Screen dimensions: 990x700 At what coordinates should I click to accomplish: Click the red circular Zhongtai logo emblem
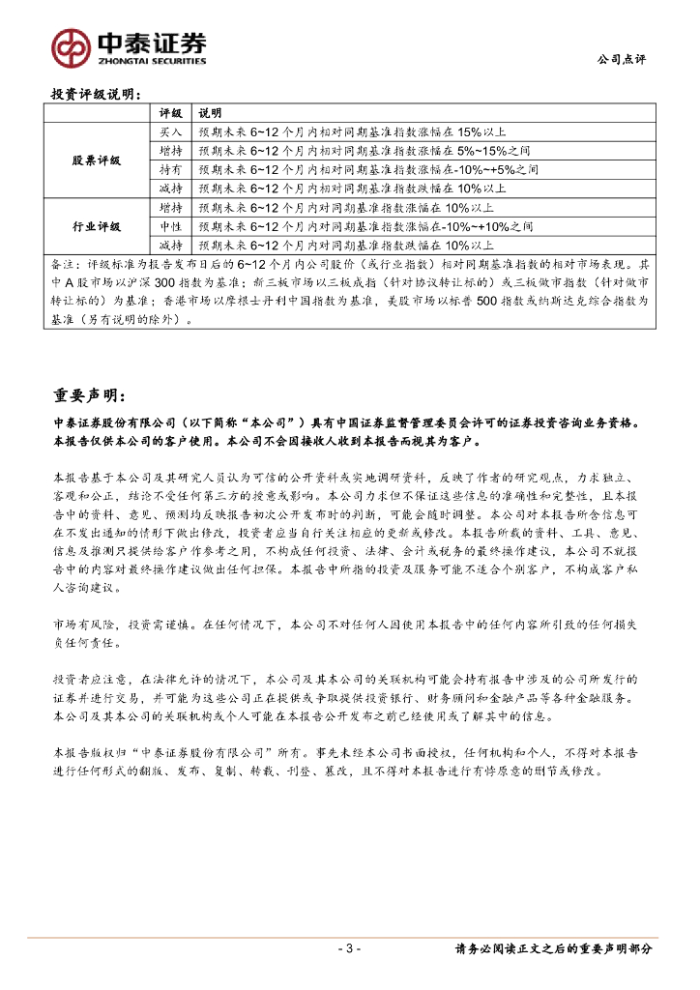pos(72,46)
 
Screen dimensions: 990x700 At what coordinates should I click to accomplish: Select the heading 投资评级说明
pos(96,95)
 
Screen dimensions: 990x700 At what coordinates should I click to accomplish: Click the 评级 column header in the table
pos(171,113)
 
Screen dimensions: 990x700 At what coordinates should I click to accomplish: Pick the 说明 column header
pos(210,113)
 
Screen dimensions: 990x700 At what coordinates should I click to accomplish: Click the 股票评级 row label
pos(98,160)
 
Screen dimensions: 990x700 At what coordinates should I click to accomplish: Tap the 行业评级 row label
pos(98,226)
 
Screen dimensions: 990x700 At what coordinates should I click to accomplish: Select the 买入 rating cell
pos(171,132)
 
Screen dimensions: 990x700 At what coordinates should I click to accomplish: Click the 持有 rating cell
pos(171,170)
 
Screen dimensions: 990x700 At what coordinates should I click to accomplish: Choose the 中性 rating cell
pos(171,226)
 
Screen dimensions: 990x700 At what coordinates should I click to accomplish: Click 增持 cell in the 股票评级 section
pos(171,151)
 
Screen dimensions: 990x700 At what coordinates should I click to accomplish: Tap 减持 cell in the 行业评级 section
pos(171,246)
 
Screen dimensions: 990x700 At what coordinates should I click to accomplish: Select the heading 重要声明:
pos(88,396)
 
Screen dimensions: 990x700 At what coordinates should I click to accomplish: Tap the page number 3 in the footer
pos(351,949)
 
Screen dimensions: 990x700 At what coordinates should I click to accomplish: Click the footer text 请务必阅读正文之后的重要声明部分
pos(554,949)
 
